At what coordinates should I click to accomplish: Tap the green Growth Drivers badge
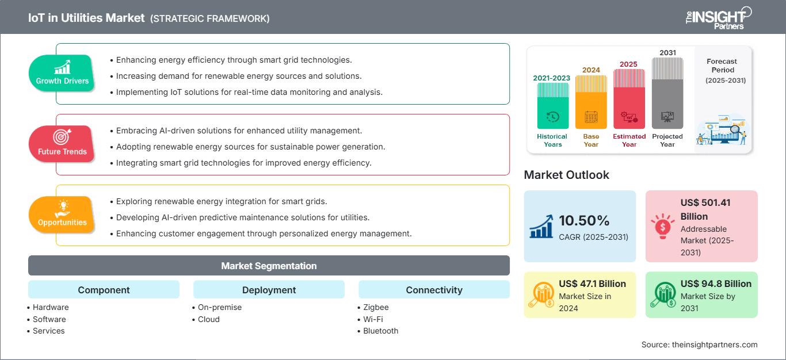pos(62,73)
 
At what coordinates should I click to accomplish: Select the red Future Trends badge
pos(62,144)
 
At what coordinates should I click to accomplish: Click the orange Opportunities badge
pos(62,215)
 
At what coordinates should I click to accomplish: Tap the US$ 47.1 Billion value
pos(592,284)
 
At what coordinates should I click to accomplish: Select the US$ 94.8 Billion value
pos(716,284)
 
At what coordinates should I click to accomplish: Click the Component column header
pos(104,290)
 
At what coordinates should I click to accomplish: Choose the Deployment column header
pos(269,290)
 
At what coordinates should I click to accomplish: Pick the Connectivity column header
pos(434,290)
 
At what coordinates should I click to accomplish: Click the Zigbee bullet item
pos(376,307)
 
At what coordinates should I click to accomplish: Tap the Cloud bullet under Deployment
pos(209,319)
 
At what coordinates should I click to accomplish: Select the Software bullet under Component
pos(49,319)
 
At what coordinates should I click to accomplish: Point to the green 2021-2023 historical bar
pos(552,106)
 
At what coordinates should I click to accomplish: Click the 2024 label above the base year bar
pos(591,70)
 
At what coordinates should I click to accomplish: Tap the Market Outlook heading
pos(566,175)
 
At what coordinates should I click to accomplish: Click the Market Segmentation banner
pos(269,266)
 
